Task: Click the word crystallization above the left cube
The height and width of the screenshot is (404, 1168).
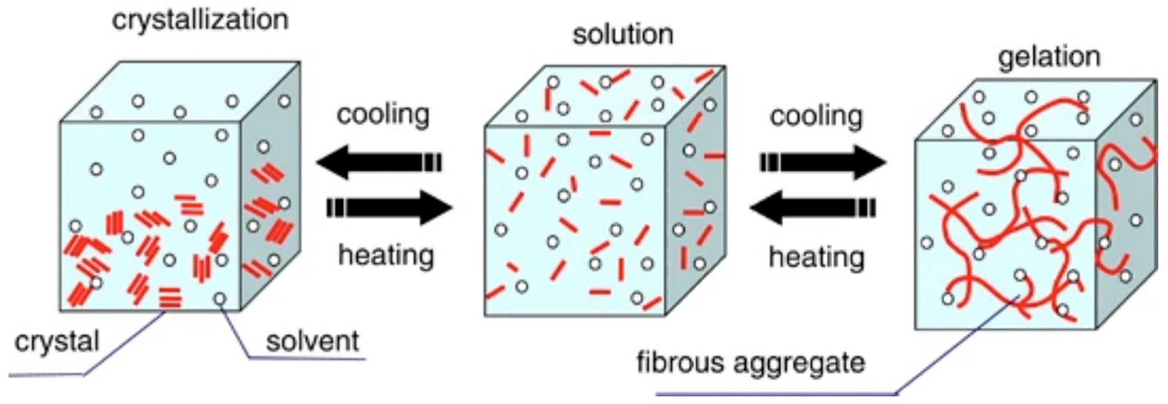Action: pyautogui.click(x=200, y=21)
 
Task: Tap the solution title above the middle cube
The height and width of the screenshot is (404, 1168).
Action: pyautogui.click(x=623, y=35)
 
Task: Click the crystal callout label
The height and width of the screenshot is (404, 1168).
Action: pyautogui.click(x=57, y=341)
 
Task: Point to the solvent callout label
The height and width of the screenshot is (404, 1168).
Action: pyautogui.click(x=313, y=341)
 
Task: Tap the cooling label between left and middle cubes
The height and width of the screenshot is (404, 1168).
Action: pyautogui.click(x=383, y=114)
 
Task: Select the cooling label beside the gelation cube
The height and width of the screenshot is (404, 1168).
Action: pyautogui.click(x=816, y=116)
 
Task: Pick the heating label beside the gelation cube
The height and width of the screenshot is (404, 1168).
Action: pyautogui.click(x=816, y=257)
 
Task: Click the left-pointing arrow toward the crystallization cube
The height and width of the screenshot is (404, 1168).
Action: pyautogui.click(x=379, y=162)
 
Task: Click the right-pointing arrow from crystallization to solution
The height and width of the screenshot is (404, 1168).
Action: pyautogui.click(x=389, y=208)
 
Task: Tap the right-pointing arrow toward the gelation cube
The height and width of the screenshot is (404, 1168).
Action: pyautogui.click(x=823, y=162)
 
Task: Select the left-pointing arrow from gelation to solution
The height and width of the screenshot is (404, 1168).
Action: pyautogui.click(x=812, y=208)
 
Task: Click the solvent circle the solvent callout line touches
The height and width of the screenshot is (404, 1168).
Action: pyautogui.click(x=220, y=299)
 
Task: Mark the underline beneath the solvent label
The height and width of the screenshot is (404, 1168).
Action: pyautogui.click(x=308, y=359)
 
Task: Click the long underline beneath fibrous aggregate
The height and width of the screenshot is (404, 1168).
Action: pyautogui.click(x=775, y=393)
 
